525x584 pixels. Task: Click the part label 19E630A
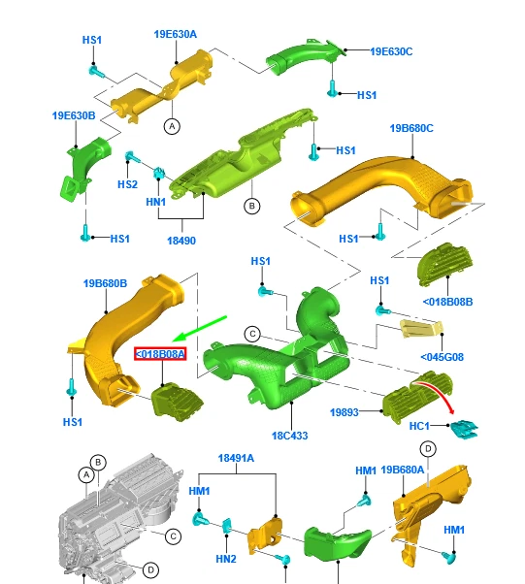coord(175,34)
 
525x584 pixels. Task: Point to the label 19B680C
coord(411,128)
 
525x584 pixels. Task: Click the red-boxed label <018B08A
coord(159,355)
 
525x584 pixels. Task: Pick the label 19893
coord(344,411)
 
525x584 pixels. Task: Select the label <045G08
coord(442,357)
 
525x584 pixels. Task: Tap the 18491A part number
coord(237,459)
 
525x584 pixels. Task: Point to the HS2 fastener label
coord(127,184)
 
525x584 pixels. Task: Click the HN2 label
coord(225,559)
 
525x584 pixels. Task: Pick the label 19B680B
coord(105,283)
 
